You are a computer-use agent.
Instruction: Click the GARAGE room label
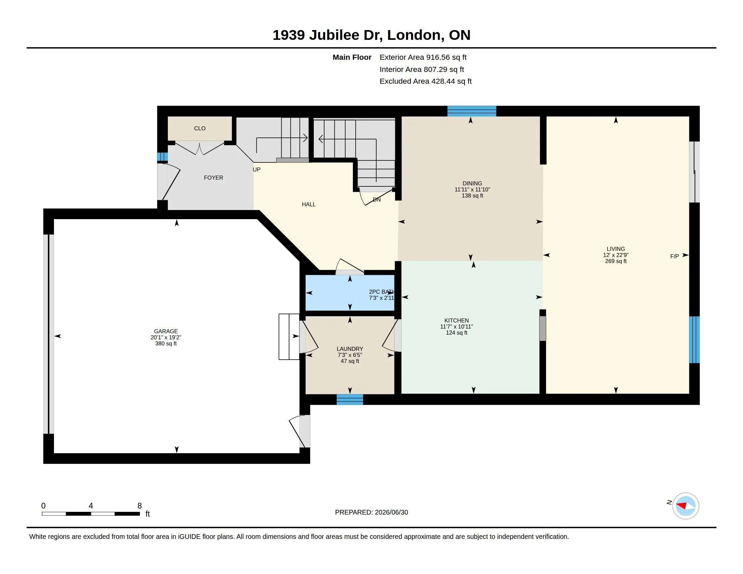(x=166, y=331)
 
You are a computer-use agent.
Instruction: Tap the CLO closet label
(x=200, y=128)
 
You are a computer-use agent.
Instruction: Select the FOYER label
(x=213, y=178)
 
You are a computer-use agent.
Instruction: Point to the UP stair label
(x=257, y=169)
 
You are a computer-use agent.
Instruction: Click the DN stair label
(x=377, y=200)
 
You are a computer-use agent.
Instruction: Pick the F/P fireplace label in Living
(x=674, y=256)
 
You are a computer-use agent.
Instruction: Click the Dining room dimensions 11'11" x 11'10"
(x=472, y=189)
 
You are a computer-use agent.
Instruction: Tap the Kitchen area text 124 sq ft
(x=457, y=333)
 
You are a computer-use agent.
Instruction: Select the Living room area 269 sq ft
(x=616, y=261)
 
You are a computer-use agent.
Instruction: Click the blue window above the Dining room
(x=471, y=111)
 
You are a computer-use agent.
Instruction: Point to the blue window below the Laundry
(x=350, y=399)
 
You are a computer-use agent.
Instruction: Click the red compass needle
(x=682, y=505)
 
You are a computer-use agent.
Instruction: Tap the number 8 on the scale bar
(x=139, y=506)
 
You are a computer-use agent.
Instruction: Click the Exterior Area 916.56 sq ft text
(x=423, y=57)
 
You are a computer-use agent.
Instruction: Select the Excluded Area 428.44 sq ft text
(x=426, y=81)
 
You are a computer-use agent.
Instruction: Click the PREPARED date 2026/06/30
(x=391, y=512)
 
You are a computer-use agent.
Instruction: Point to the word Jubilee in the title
(x=334, y=35)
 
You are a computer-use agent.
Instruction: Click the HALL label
(x=309, y=204)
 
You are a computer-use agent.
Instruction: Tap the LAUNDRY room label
(x=350, y=349)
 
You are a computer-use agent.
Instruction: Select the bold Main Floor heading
(x=352, y=57)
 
